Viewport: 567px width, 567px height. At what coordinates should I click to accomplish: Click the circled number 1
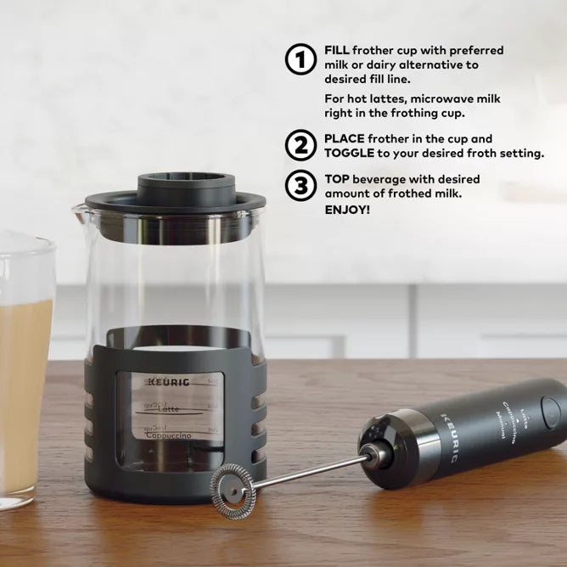300,60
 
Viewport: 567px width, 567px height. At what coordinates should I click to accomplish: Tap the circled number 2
300,146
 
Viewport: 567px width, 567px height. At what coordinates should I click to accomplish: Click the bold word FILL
337,51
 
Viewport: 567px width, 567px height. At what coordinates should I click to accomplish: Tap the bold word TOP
337,180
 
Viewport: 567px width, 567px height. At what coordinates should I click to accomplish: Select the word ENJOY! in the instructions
347,209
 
